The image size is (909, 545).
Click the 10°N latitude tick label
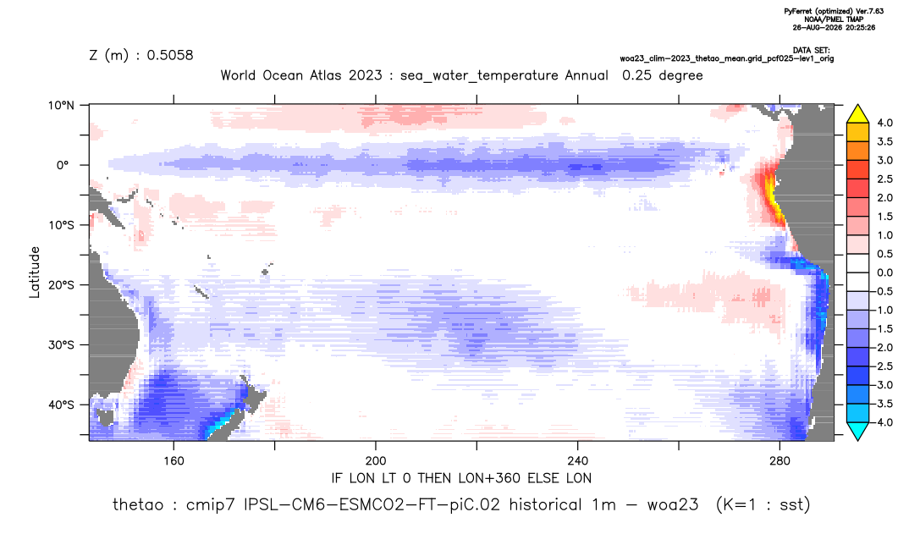pos(61,106)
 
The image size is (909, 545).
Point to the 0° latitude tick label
pos(63,165)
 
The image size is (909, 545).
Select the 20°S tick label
pos(61,285)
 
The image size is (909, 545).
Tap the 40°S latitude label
pos(61,405)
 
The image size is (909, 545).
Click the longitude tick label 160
pos(174,461)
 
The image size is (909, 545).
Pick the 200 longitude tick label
pos(376,461)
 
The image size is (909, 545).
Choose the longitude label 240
pos(577,461)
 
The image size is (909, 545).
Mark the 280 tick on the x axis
pos(780,461)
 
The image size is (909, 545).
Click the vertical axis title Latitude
pos(35,272)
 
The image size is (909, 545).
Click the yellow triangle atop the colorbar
pos(857,114)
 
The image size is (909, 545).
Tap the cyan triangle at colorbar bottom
pos(857,431)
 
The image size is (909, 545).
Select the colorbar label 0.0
pos(884,272)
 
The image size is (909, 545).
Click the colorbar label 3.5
pos(884,141)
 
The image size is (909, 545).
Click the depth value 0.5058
pos(170,55)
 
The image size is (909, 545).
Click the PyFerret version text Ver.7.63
pos(869,11)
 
